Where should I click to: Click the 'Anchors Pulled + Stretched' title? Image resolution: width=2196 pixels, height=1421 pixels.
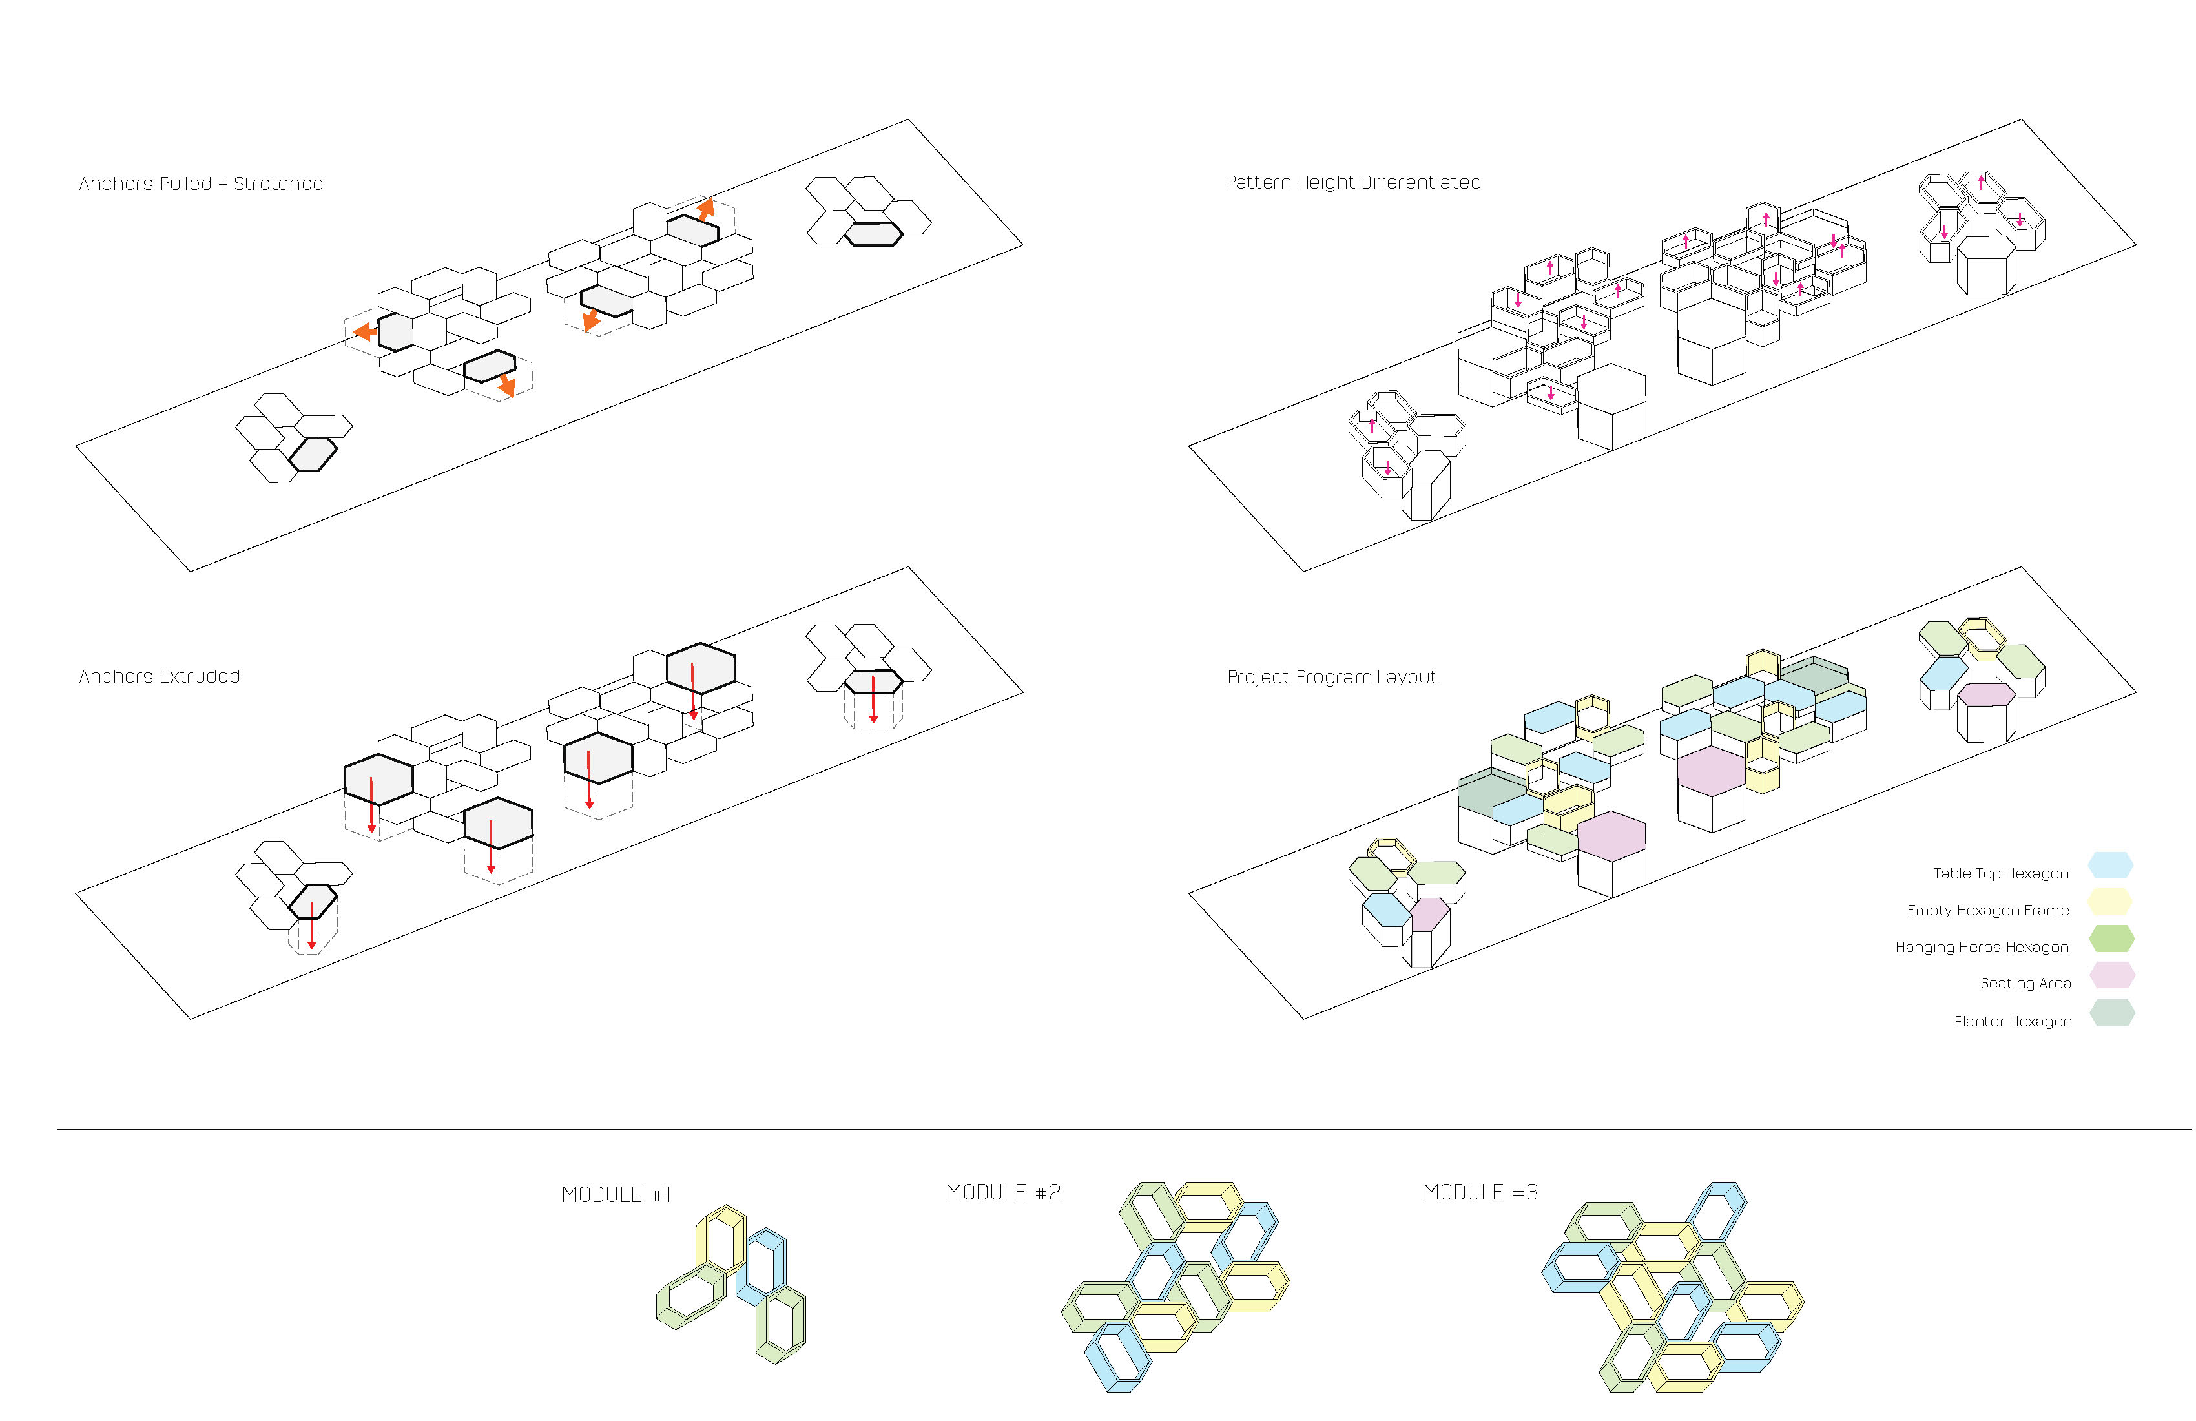(201, 183)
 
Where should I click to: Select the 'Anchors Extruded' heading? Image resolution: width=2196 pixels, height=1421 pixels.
(160, 676)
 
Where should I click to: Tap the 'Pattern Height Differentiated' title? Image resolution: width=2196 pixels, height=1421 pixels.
(1352, 183)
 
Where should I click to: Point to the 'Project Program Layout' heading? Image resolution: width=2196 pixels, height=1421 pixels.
(1331, 678)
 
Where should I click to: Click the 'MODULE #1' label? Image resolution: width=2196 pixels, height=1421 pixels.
(616, 1195)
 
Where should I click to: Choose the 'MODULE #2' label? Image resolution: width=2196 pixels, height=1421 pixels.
(1003, 1192)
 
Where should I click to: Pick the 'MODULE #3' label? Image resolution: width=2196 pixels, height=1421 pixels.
(1480, 1192)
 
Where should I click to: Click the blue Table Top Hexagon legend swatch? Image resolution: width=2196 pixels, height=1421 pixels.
(2110, 866)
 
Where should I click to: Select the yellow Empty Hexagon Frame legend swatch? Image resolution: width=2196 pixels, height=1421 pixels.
(2110, 902)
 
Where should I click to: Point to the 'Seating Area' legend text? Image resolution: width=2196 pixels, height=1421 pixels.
(2025, 984)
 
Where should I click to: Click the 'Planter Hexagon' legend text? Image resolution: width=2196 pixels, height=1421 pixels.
(2013, 1021)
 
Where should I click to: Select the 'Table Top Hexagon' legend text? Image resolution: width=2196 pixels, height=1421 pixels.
(2000, 874)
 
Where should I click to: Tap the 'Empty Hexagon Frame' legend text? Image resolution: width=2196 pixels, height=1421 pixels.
(1987, 911)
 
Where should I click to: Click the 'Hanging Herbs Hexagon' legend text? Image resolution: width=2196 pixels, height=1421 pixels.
(1982, 948)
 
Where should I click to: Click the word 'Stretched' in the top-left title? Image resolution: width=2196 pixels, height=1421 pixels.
(278, 183)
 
